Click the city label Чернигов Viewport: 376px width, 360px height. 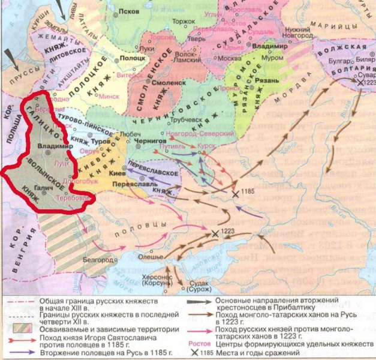154,140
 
